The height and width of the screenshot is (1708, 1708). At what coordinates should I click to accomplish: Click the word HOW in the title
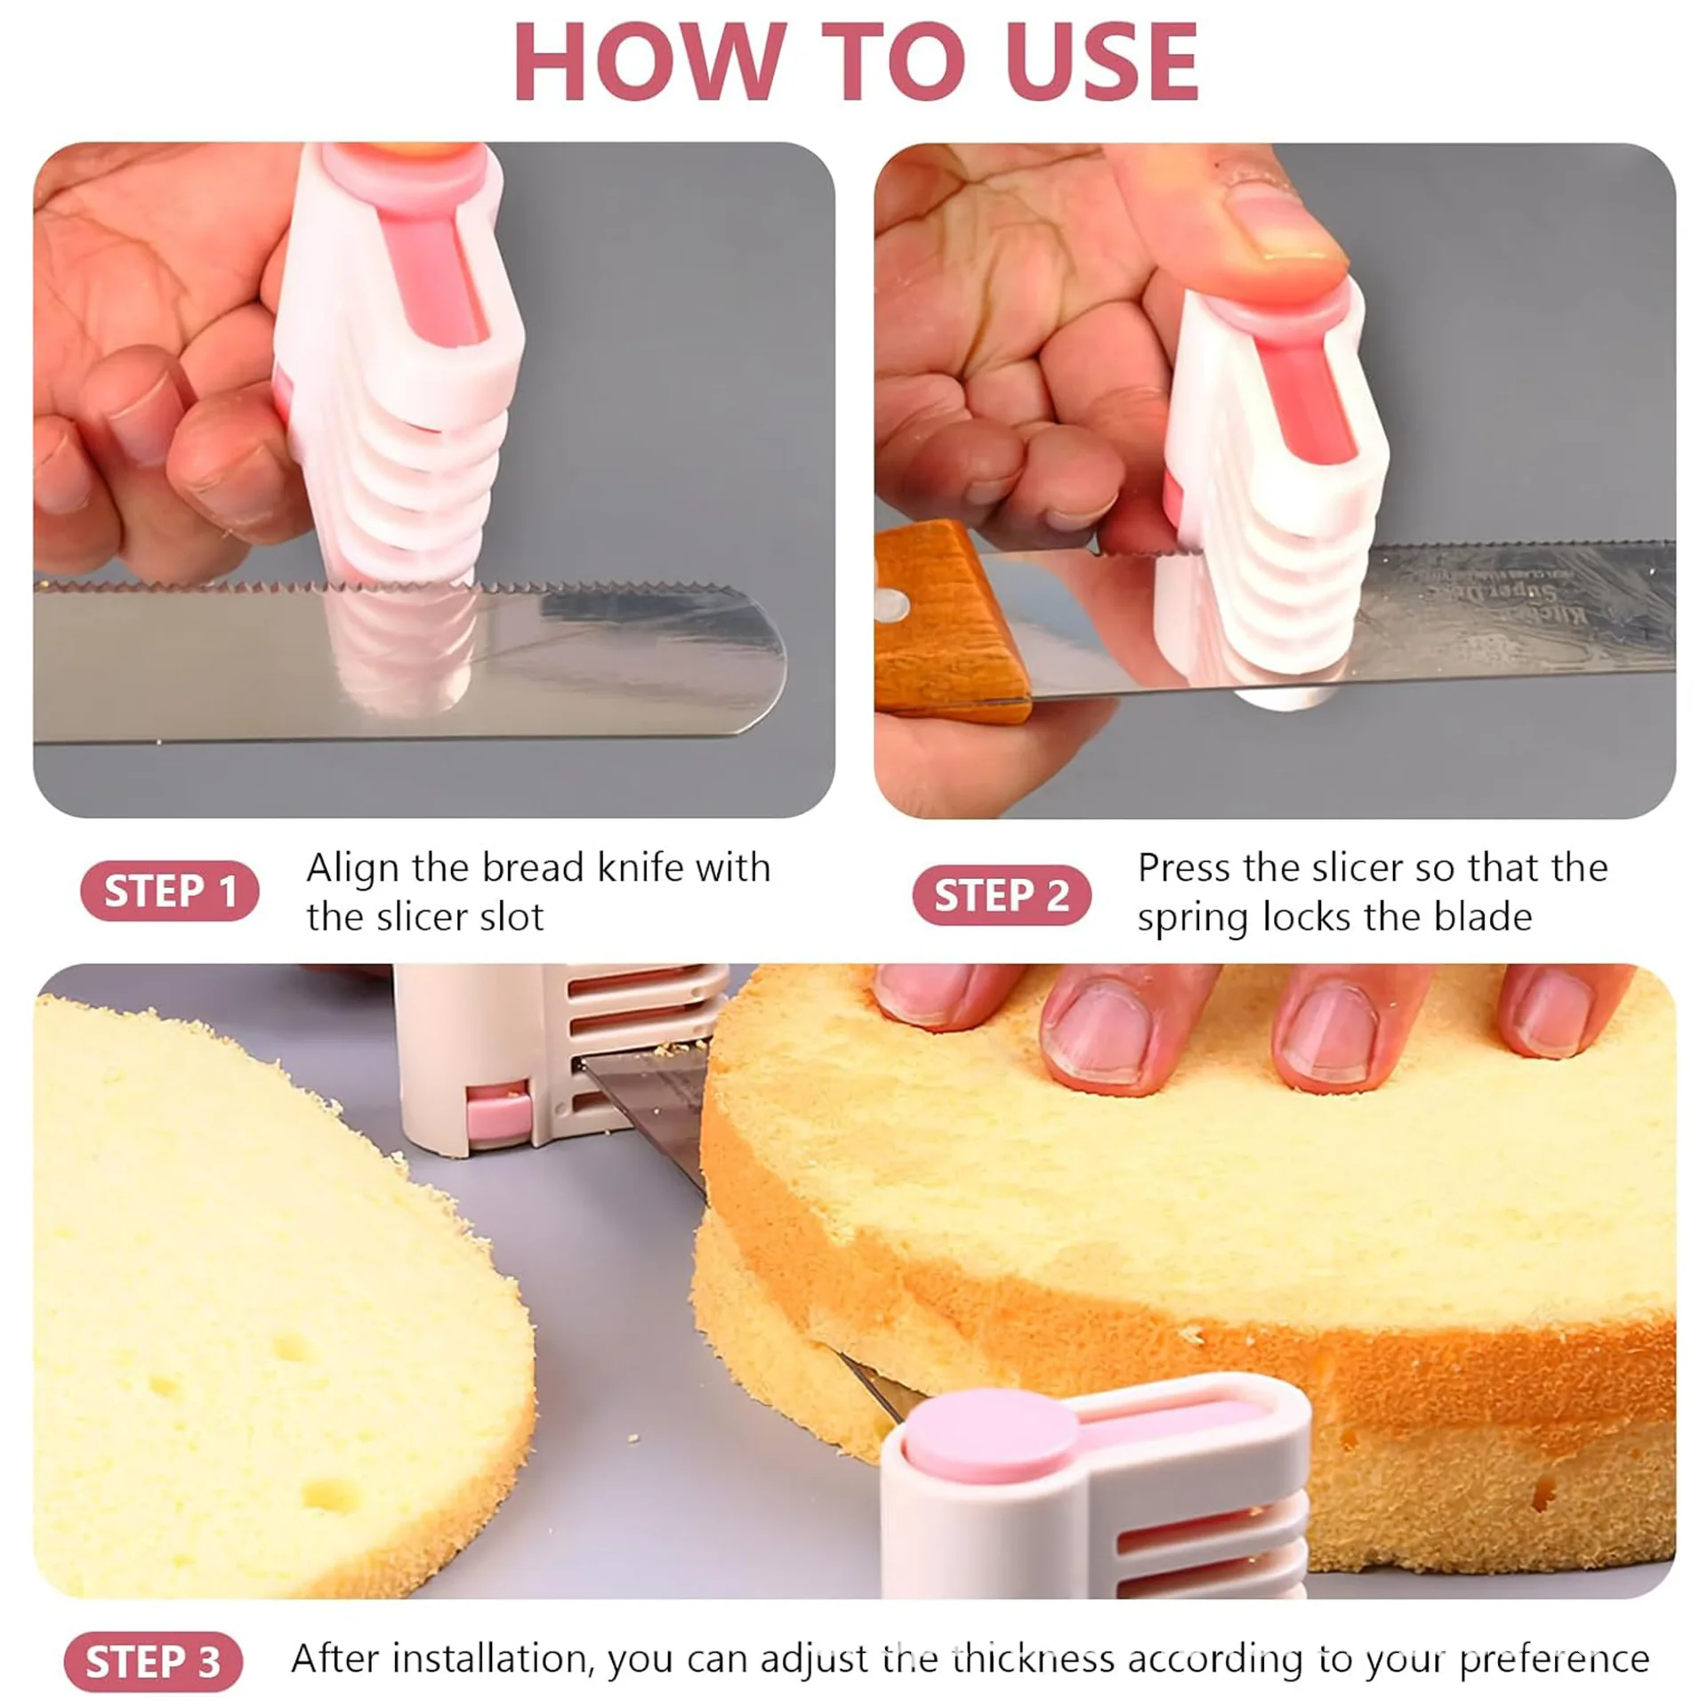pos(650,61)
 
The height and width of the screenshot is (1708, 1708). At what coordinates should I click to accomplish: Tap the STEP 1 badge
pos(169,891)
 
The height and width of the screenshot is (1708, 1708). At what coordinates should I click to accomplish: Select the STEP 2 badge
pos(1001,895)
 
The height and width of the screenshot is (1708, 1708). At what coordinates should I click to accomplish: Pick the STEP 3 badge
pos(153,1662)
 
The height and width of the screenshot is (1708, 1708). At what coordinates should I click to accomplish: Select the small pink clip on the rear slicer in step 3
pos(499,1113)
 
